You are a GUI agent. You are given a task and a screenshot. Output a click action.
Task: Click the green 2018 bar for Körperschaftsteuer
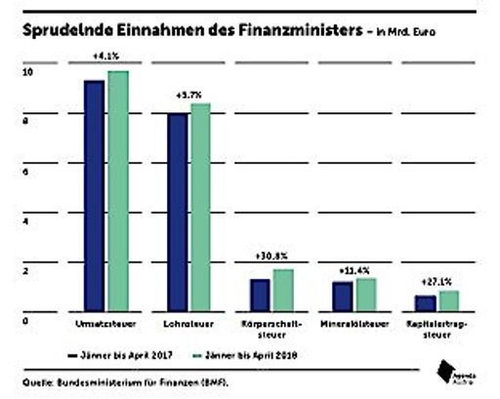pos(283,288)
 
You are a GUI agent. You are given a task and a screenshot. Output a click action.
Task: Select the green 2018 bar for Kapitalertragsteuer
pos(448,299)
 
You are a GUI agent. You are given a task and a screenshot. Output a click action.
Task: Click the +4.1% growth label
pos(105,55)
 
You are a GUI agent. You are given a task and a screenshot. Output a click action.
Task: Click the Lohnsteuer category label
pos(188,323)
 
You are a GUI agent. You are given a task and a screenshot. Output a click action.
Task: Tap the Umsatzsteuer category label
pos(105,323)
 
